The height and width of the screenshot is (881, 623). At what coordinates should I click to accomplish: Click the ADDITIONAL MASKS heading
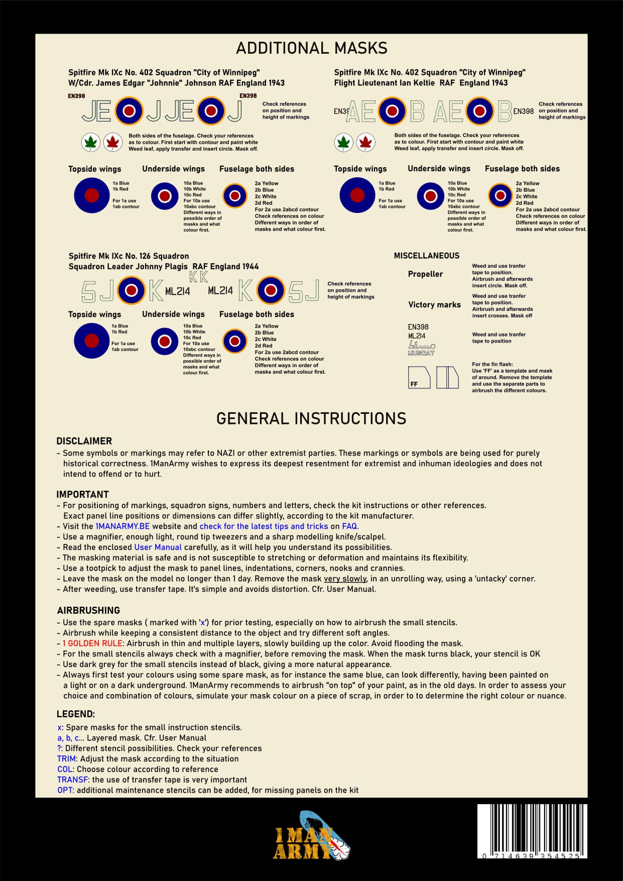pyautogui.click(x=311, y=48)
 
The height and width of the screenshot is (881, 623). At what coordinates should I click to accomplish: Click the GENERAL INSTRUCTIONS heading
pyautogui.click(x=311, y=418)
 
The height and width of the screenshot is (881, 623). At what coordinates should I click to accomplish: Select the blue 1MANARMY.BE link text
pyautogui.click(x=122, y=526)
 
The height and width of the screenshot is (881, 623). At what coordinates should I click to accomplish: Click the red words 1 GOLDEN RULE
pyautogui.click(x=92, y=643)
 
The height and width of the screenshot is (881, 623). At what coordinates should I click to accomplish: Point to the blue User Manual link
pyautogui.click(x=158, y=547)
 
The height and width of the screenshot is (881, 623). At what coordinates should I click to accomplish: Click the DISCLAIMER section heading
pyautogui.click(x=84, y=441)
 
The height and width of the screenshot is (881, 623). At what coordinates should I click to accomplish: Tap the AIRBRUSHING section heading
pyautogui.click(x=88, y=610)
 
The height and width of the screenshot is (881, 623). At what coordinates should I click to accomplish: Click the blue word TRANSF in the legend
pyautogui.click(x=72, y=780)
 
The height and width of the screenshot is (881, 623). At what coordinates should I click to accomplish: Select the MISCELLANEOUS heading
pyautogui.click(x=426, y=256)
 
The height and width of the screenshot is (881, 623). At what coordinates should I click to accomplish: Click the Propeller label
pyautogui.click(x=425, y=274)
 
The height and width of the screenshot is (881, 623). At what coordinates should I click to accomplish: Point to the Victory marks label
pyautogui.click(x=434, y=304)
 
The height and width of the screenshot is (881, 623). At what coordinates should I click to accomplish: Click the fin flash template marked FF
pyautogui.click(x=419, y=377)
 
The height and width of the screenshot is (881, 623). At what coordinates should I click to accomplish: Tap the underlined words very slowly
pyautogui.click(x=345, y=579)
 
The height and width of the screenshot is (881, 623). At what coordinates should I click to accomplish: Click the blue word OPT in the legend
pyautogui.click(x=65, y=790)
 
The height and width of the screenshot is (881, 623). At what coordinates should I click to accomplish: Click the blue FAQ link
pyautogui.click(x=349, y=526)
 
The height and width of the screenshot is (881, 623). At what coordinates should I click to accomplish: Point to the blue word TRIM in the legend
pyautogui.click(x=66, y=758)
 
